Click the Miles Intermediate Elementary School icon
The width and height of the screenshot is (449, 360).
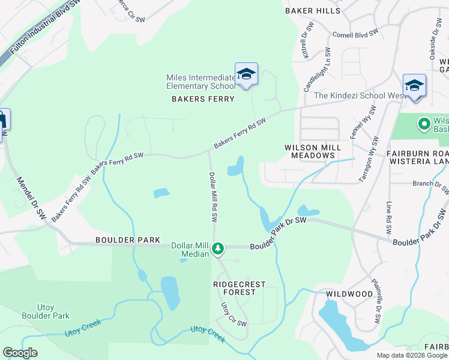[246, 74]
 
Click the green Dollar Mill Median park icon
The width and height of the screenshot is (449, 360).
[218, 247]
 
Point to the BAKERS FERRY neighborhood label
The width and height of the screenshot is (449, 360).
[203, 99]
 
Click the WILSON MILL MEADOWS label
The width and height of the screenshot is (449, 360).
[312, 151]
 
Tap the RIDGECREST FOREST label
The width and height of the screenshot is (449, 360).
[235, 288]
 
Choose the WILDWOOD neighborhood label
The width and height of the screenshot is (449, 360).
[349, 294]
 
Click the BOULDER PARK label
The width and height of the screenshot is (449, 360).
[128, 240]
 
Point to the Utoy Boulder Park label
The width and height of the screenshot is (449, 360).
[46, 311]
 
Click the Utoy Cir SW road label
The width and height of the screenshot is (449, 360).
[234, 315]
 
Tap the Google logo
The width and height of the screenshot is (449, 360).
[20, 353]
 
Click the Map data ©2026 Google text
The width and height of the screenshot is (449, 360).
[412, 355]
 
